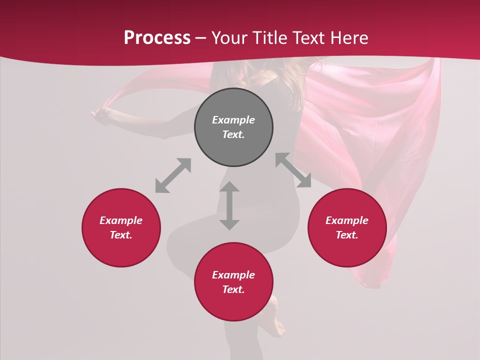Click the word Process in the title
(x=157, y=37)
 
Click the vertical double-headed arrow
(x=229, y=205)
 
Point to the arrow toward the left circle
(x=173, y=175)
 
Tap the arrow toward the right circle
(x=293, y=170)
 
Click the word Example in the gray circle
(x=233, y=120)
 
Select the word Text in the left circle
(x=120, y=235)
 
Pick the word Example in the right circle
(x=347, y=220)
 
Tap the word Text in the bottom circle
(x=233, y=289)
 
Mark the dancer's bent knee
(x=175, y=245)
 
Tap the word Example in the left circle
(x=121, y=220)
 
